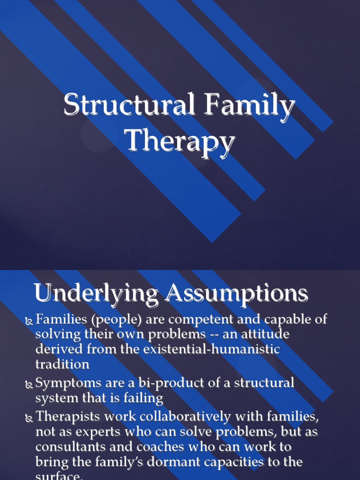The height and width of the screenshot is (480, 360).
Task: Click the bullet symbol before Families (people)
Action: [29, 321]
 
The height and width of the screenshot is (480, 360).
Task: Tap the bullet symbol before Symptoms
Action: [29, 384]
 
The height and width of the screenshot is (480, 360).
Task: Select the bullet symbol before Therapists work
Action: [29, 417]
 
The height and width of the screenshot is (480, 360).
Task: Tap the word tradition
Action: [62, 364]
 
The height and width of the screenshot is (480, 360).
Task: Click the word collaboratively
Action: [194, 416]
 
